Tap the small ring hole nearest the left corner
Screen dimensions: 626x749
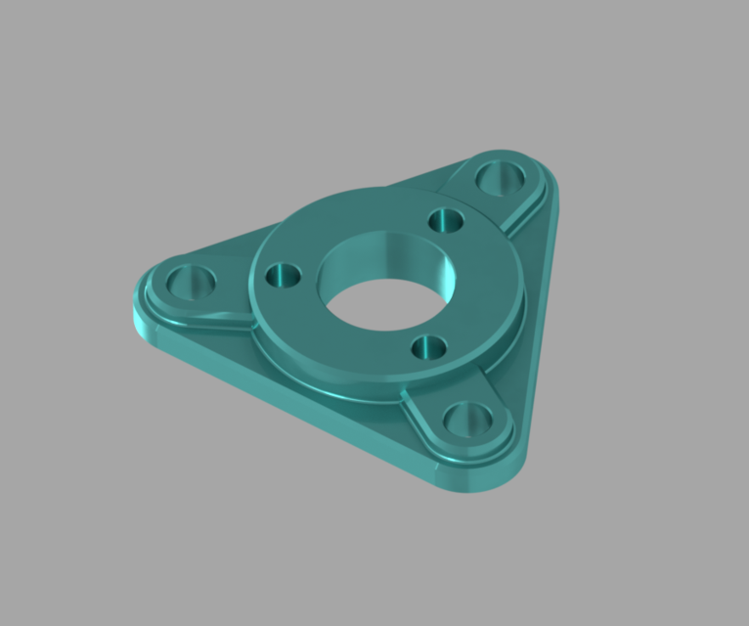285,275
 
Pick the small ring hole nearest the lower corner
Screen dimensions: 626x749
428,347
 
